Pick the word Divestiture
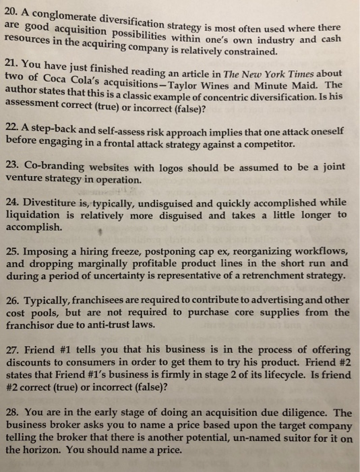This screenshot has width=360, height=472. coord(54,202)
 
